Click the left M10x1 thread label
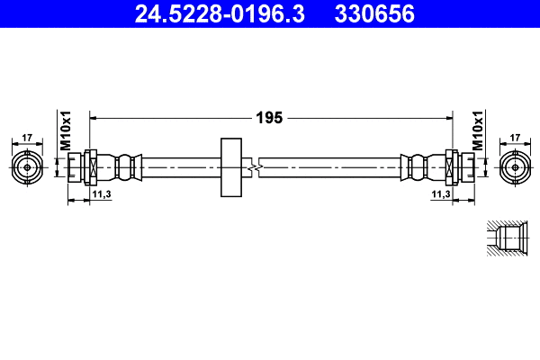(x=65, y=131)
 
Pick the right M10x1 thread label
(x=477, y=131)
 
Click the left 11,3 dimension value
(x=101, y=193)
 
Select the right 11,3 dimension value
(x=440, y=193)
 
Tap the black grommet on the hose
(x=231, y=167)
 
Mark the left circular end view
(x=27, y=167)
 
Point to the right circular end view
(x=515, y=167)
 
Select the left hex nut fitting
(x=91, y=167)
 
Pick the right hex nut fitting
(x=451, y=167)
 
